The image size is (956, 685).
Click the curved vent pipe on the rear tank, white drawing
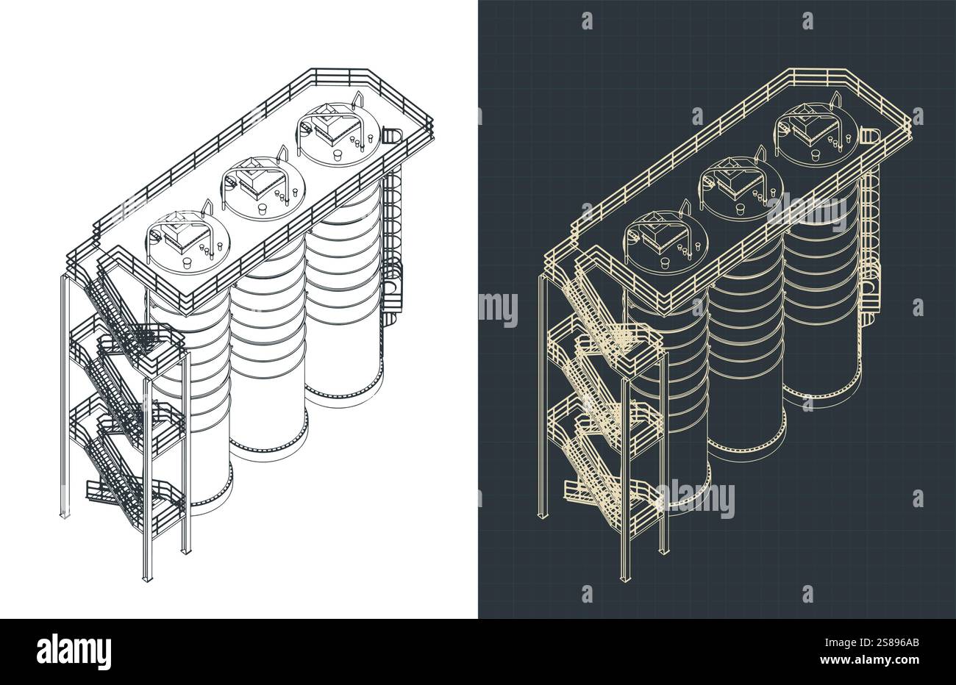pos(359,99)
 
